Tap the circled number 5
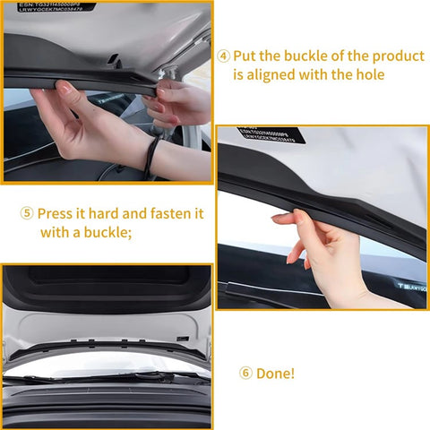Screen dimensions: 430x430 (x=28, y=214)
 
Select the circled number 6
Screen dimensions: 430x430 (x=245, y=374)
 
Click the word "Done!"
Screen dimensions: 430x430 (x=277, y=374)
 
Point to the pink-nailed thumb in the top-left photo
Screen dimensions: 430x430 (x=64, y=88)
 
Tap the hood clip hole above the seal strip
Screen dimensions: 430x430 (x=115, y=61)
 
